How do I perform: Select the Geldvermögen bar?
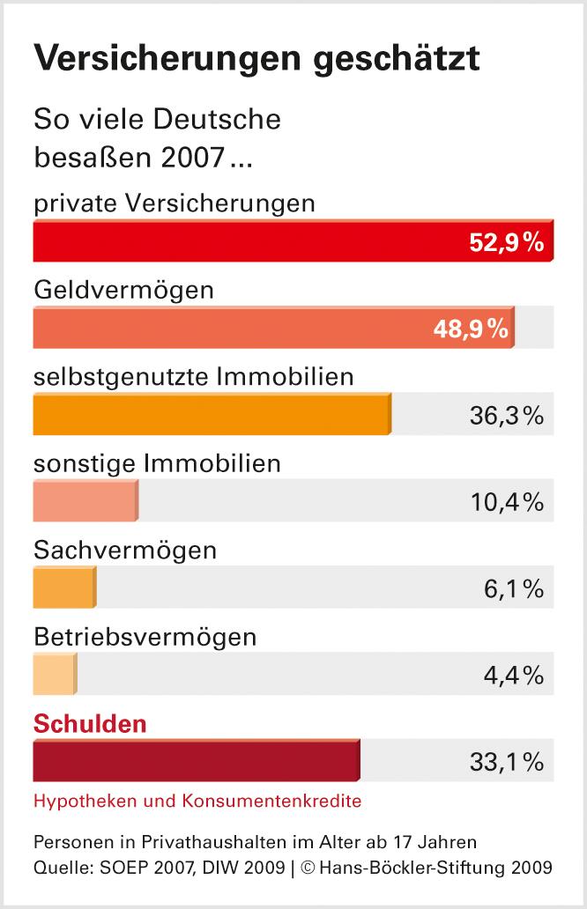[229, 328]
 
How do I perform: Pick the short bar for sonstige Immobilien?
[85, 501]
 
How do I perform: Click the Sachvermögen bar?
[63, 588]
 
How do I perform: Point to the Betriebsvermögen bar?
[55, 675]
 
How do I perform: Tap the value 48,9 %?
[471, 329]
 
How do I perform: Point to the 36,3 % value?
[506, 416]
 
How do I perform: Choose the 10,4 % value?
[506, 502]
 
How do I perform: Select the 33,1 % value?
[506, 762]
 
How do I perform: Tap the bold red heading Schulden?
[90, 724]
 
